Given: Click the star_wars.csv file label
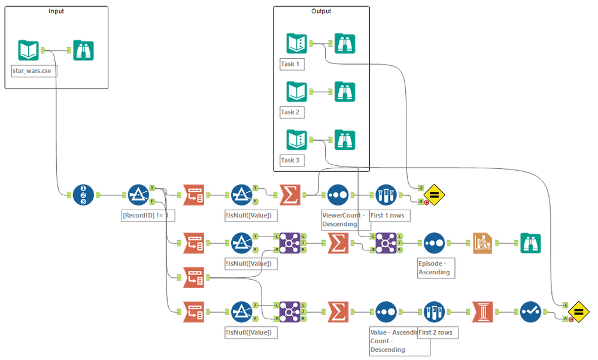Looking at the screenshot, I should (31, 71).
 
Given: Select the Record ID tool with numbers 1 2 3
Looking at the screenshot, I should (83, 195).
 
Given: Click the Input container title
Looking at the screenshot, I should (56, 11).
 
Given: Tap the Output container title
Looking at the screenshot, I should (321, 11).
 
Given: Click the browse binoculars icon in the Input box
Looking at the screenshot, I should (83, 50).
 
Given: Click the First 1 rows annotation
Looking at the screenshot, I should (387, 215).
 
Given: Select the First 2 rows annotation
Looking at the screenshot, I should (434, 332).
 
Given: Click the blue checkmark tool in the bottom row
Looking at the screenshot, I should (530, 312).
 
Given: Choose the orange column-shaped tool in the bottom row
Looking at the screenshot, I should (482, 312).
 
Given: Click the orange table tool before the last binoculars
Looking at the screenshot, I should (482, 243).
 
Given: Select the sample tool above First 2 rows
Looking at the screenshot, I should (435, 312).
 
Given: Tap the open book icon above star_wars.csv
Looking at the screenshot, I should (29, 50).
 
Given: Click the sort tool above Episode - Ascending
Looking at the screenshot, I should (435, 243).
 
